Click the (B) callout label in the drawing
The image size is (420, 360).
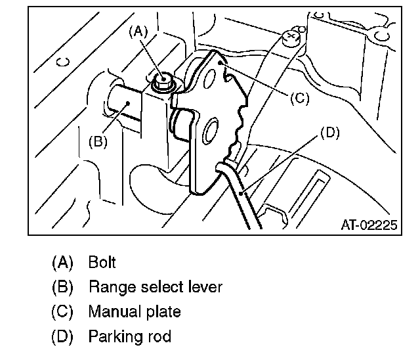click(x=98, y=141)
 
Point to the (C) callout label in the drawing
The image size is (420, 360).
click(x=298, y=98)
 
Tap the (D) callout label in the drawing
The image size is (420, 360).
click(x=329, y=132)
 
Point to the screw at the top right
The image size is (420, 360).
click(x=290, y=37)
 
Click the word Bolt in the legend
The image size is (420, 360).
click(x=102, y=262)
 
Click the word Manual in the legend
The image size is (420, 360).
click(x=114, y=312)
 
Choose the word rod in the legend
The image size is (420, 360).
click(x=159, y=337)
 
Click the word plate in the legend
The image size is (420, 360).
click(x=164, y=312)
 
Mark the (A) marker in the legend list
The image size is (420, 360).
click(x=62, y=262)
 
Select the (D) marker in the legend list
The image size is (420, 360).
click(x=62, y=337)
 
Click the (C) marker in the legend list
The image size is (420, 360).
click(x=62, y=312)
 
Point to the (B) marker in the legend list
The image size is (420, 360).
click(x=62, y=287)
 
